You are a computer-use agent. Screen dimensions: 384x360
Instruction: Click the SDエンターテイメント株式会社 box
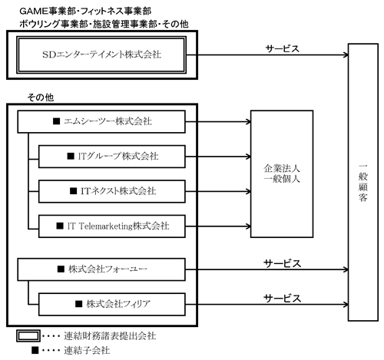point(101,54)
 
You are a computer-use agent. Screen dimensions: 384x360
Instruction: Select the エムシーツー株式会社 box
point(101,121)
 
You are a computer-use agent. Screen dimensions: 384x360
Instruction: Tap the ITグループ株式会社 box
point(112,157)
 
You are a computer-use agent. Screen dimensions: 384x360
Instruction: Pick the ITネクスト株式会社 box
point(112,191)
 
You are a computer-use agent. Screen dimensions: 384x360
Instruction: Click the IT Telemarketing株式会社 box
point(112,226)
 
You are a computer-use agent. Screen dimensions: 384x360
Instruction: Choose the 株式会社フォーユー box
point(101,269)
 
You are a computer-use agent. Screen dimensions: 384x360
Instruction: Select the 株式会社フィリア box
point(112,304)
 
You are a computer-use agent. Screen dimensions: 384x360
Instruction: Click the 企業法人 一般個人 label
point(282,173)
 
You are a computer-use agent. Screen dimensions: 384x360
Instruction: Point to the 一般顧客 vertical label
point(363,183)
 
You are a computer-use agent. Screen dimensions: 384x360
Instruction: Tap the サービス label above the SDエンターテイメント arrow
point(283,48)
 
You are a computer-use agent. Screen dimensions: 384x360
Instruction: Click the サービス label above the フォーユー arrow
point(283,263)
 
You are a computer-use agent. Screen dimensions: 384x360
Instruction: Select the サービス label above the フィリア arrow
point(283,299)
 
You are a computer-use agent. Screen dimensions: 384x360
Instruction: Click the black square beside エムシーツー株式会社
point(56,121)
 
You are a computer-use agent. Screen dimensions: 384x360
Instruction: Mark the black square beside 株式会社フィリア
point(79,304)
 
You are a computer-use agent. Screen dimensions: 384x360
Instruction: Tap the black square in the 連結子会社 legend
point(35,350)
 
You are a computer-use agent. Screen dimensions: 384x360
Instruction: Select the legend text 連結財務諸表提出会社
point(110,335)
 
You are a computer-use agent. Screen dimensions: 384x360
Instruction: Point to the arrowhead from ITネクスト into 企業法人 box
point(249,191)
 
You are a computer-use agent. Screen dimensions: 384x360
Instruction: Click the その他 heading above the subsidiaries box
point(41,97)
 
